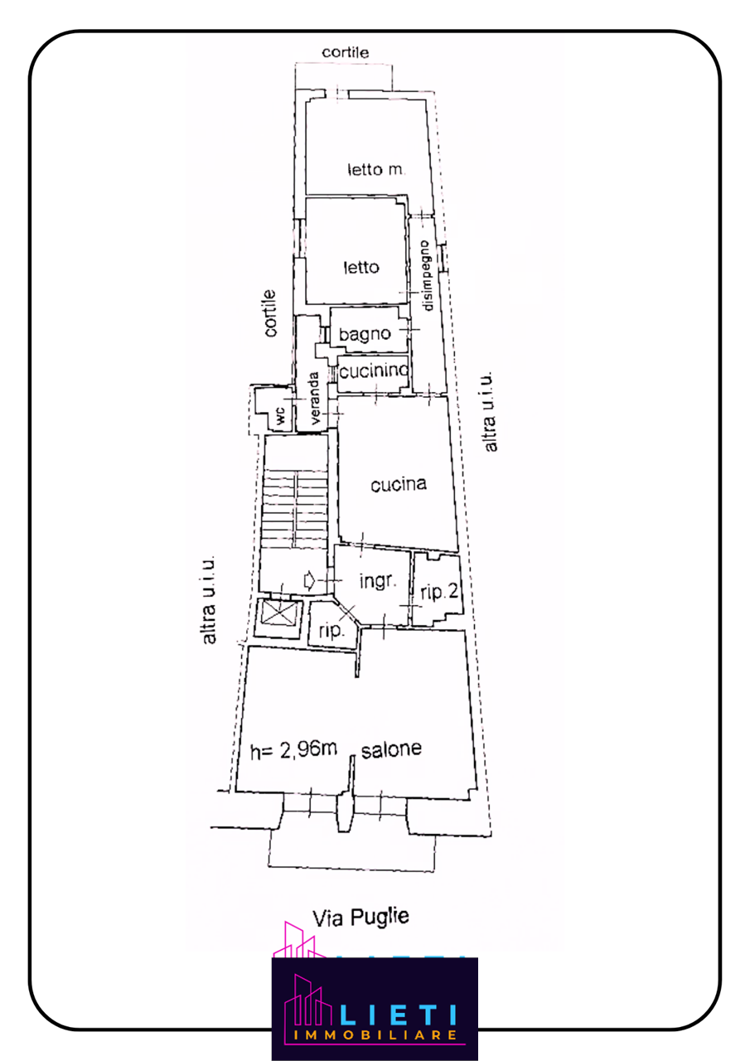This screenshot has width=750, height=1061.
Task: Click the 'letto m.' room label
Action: click(x=376, y=170)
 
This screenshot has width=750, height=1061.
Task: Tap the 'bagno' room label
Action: click(x=365, y=334)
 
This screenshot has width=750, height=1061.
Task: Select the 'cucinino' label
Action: click(x=374, y=371)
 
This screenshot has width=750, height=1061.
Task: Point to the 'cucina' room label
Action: click(x=398, y=485)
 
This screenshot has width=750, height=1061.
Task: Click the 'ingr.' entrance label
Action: click(x=378, y=581)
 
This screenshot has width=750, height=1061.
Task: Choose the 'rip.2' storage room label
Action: click(x=439, y=592)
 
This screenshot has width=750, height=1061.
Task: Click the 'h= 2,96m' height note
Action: click(x=293, y=750)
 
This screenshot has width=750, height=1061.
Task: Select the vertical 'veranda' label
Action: click(x=315, y=399)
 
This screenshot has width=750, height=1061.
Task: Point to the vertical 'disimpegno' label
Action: click(x=426, y=276)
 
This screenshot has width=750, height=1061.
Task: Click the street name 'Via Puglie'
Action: click(x=360, y=918)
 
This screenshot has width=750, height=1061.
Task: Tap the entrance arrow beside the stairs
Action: click(x=310, y=580)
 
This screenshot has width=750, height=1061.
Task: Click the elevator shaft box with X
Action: click(x=278, y=614)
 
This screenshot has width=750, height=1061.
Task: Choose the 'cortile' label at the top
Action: click(x=346, y=52)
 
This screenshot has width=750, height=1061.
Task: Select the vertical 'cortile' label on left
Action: click(x=270, y=313)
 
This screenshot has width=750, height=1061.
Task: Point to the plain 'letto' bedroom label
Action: click(x=361, y=268)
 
